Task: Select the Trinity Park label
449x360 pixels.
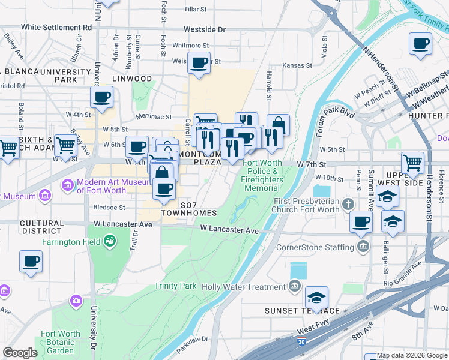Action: click(175, 286)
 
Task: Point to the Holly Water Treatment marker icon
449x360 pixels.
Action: click(294, 287)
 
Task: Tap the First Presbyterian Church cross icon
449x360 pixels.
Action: click(348, 205)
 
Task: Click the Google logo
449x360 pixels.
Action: click(20, 353)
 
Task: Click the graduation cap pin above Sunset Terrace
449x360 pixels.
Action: click(316, 296)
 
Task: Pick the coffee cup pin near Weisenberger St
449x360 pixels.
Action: click(199, 62)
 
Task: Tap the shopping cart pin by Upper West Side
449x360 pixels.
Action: click(412, 162)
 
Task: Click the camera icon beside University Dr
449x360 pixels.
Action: click(76, 300)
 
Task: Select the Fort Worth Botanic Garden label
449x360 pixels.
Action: click(61, 342)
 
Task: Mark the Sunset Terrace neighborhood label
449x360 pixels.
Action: click(303, 311)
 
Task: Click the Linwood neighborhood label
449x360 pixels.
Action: click(132, 79)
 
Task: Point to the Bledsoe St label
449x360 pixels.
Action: click(109, 208)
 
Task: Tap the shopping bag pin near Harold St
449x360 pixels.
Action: click(278, 125)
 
